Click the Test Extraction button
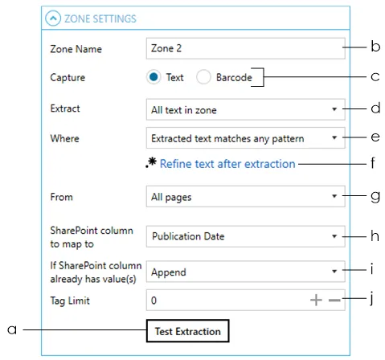click(x=187, y=331)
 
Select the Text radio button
click(x=154, y=77)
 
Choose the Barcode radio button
click(x=203, y=77)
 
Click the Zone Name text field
click(x=245, y=48)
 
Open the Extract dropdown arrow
click(x=334, y=109)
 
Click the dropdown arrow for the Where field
click(x=334, y=137)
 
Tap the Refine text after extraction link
click(x=227, y=164)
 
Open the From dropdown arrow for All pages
click(x=334, y=196)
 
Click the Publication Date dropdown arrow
click(x=334, y=236)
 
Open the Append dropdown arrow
click(x=334, y=272)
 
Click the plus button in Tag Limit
click(x=316, y=300)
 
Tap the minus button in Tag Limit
click(x=334, y=301)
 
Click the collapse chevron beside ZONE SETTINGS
click(x=53, y=18)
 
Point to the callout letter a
click(x=12, y=329)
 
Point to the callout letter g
click(x=375, y=197)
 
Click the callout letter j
click(x=371, y=297)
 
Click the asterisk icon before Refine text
click(x=151, y=162)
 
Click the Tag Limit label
click(x=70, y=301)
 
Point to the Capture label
click(x=68, y=77)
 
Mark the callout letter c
click(x=375, y=77)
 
